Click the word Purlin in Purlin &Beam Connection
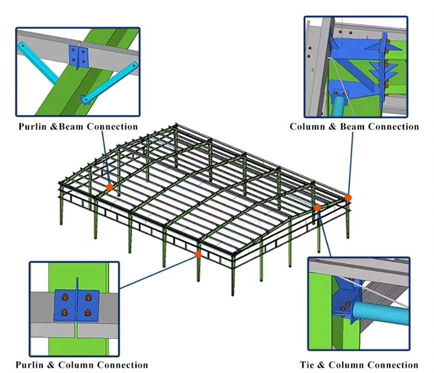pos(33,126)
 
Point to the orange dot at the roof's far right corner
pos(348,198)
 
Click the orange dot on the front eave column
pos(198,255)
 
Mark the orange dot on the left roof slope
pos(109,187)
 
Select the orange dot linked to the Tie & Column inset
pos(318,207)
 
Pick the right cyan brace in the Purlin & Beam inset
pos(109,82)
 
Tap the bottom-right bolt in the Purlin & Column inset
pos(88,313)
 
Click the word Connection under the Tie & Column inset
pos(391,365)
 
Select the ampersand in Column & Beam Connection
pos(332,126)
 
